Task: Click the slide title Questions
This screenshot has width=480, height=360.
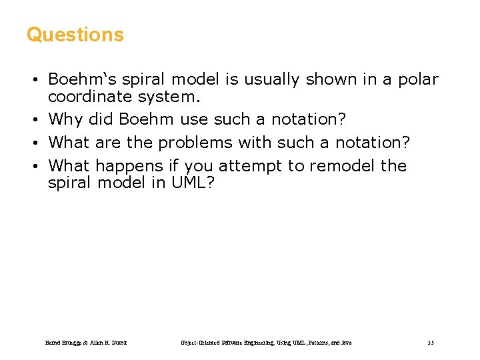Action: pos(75,35)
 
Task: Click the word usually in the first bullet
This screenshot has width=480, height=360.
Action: pos(271,80)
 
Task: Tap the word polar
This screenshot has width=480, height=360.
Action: pos(418,80)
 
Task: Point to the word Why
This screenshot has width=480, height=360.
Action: pos(65,120)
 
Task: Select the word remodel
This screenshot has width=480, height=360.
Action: pos(342,165)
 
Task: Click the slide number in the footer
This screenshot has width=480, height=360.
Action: pos(431,343)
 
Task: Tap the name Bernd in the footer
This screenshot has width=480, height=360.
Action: pos(53,343)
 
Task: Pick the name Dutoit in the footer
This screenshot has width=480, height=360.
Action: pos(118,343)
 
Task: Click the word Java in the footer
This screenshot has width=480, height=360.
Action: pos(346,343)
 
